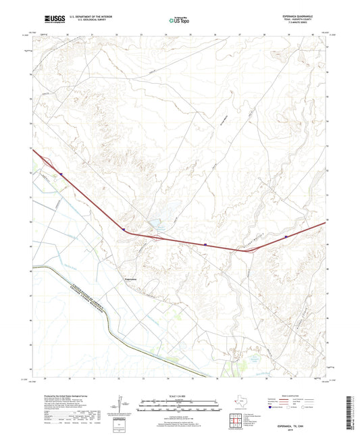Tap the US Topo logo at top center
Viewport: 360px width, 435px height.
[x=178, y=20]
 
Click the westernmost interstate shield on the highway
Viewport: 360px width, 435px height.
[x=61, y=174]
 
